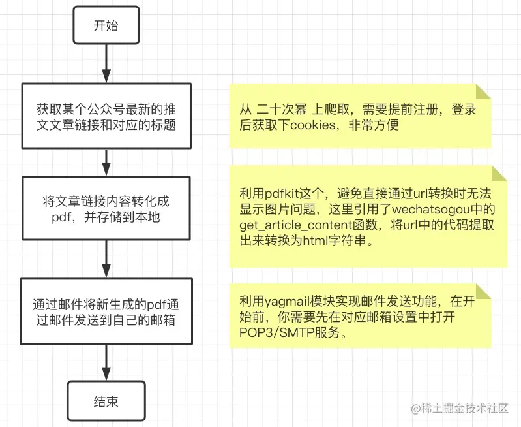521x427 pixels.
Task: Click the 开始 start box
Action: click(106, 26)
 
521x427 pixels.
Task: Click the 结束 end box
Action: click(106, 401)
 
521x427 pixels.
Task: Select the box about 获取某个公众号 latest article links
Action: click(106, 116)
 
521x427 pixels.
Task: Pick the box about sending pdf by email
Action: click(106, 312)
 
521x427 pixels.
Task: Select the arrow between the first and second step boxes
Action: click(106, 162)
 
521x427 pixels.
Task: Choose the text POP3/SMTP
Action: click(271, 332)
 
